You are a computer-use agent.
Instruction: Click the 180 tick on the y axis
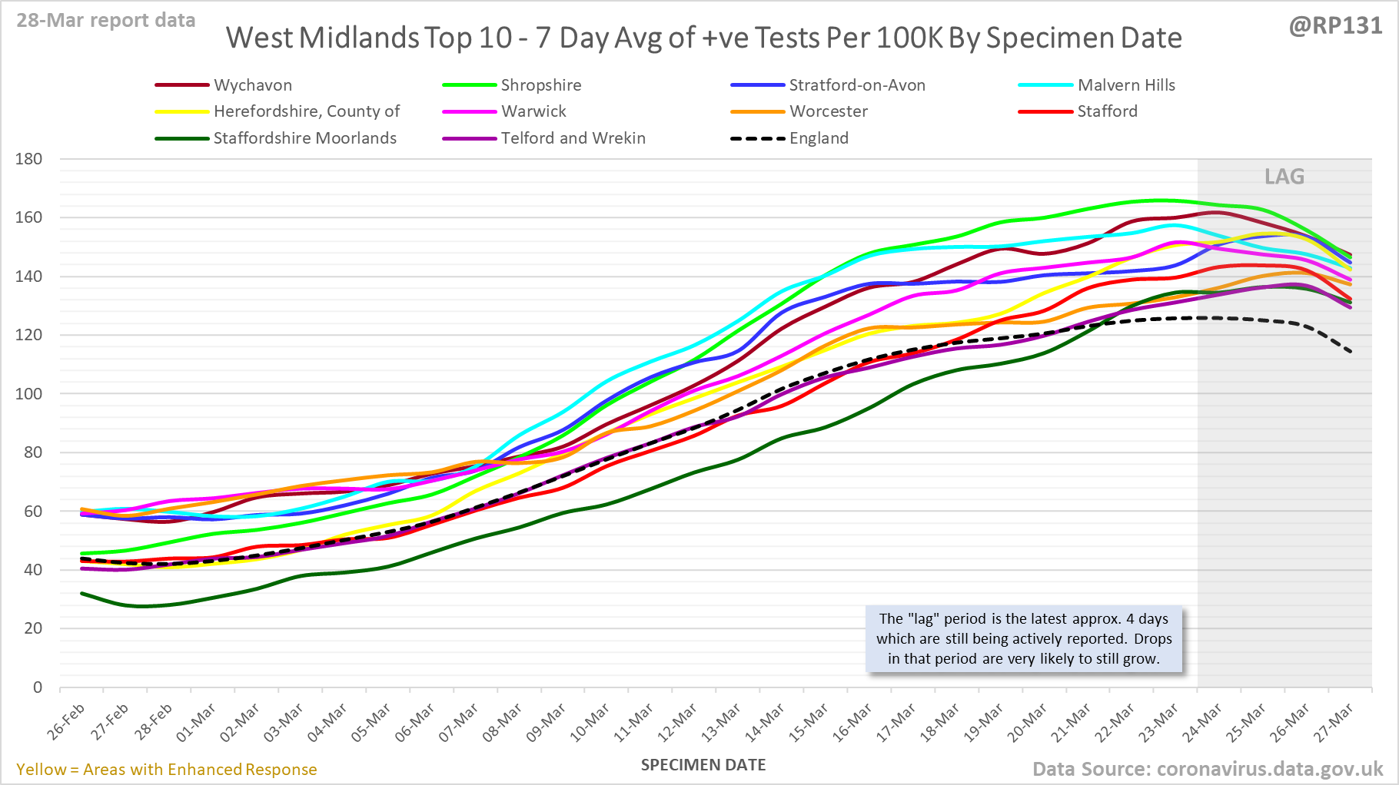click(28, 159)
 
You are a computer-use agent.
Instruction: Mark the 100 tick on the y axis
click(28, 394)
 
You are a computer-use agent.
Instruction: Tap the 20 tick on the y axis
click(32, 628)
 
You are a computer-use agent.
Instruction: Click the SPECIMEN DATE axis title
click(703, 765)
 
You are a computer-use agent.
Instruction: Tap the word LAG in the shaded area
click(1284, 177)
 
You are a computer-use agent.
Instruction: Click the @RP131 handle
click(1335, 25)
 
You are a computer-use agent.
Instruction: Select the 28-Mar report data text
click(106, 20)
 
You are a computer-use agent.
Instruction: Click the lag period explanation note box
click(1024, 639)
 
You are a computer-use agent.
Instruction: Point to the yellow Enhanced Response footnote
click(167, 770)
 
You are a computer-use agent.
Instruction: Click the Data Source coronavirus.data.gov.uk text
click(1208, 769)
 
